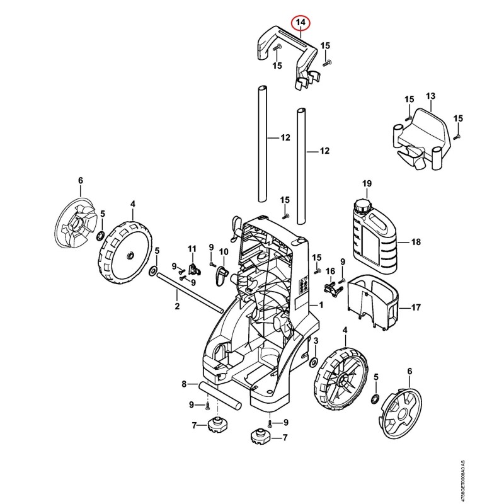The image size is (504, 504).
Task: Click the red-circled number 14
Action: click(301, 23)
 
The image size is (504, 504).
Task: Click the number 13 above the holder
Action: click(430, 96)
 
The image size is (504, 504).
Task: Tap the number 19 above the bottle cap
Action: click(367, 183)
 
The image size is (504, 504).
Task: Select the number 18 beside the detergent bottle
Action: click(416, 242)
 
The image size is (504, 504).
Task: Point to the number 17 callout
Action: click(416, 307)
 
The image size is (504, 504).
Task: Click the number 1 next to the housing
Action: click(321, 305)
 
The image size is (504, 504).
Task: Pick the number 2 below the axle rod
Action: click(177, 306)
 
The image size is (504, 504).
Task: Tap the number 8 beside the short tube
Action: click(184, 384)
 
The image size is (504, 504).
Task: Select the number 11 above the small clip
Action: click(192, 249)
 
